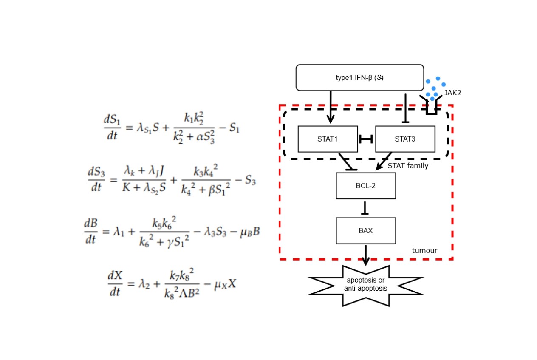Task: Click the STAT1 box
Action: click(328, 139)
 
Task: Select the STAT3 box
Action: click(405, 139)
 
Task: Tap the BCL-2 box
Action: click(365, 186)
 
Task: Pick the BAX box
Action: click(365, 231)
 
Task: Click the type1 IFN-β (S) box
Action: click(359, 78)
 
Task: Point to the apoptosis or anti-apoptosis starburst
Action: click(366, 285)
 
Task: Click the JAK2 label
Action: click(453, 93)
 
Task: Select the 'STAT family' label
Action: click(407, 166)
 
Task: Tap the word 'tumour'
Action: click(424, 251)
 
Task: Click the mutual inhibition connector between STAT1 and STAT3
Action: click(366, 139)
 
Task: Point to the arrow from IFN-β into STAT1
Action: click(331, 106)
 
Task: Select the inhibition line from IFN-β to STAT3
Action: click(406, 108)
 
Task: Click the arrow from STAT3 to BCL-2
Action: click(384, 161)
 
